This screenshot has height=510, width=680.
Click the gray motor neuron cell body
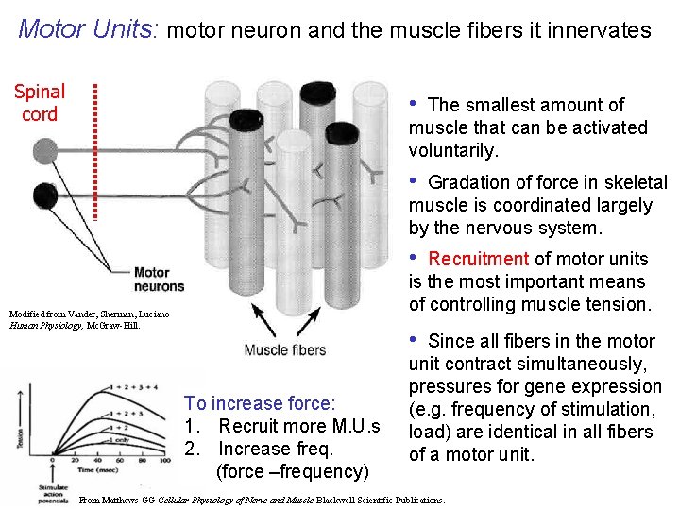[44, 150]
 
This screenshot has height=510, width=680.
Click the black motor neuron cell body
[44, 195]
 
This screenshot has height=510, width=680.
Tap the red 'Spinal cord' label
[40, 103]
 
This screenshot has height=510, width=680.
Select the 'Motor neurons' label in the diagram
[159, 280]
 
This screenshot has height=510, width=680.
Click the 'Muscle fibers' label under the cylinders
[285, 350]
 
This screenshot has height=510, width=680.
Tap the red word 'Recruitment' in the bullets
[478, 259]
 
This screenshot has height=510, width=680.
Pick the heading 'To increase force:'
[260, 403]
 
